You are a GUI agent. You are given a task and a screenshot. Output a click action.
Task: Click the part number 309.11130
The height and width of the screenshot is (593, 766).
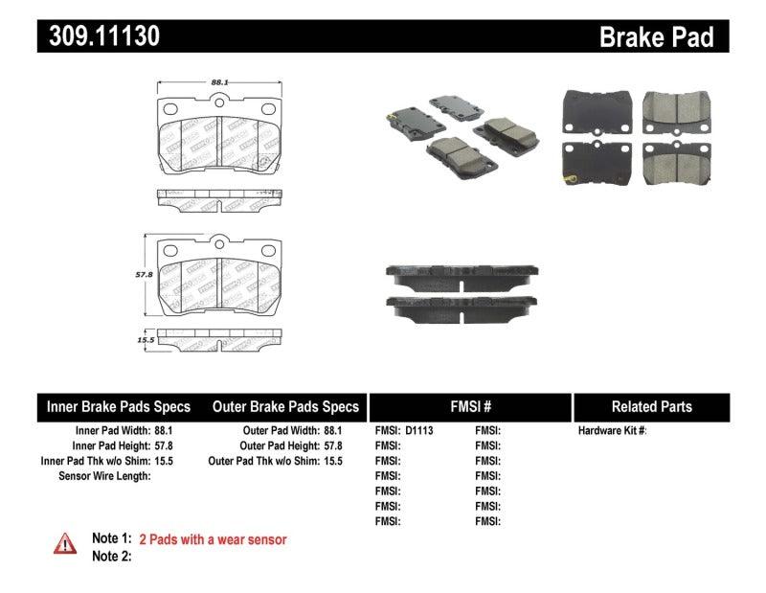click(99, 36)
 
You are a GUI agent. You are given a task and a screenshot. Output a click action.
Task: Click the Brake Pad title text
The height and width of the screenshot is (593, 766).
click(656, 37)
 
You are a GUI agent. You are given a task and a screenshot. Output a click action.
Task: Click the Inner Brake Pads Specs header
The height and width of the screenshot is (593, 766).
click(119, 406)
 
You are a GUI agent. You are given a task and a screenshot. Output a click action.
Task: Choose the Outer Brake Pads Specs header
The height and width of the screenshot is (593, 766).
click(286, 406)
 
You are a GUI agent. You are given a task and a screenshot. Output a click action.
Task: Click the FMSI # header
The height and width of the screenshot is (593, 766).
click(469, 406)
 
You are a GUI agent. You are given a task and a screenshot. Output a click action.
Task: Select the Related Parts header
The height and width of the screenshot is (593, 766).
click(651, 406)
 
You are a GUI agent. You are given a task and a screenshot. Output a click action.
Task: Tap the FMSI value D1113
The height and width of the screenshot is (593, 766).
click(419, 431)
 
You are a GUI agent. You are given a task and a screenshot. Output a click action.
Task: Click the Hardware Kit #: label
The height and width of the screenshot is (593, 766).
click(612, 431)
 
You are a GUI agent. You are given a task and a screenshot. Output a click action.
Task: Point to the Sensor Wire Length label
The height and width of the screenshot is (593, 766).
click(104, 476)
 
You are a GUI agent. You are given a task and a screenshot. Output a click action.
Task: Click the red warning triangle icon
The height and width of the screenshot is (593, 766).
click(64, 543)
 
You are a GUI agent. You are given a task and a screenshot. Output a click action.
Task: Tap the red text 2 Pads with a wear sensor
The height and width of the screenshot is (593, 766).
click(213, 539)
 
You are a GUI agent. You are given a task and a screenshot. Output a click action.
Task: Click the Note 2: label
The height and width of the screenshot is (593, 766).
click(111, 556)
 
